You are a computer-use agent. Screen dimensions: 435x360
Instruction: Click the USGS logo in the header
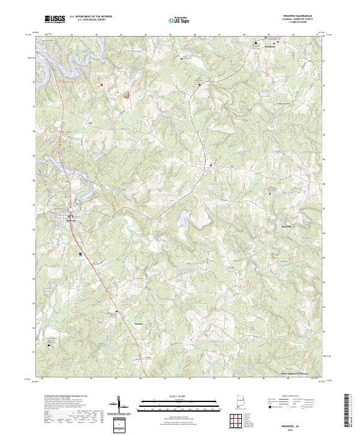[x=55, y=20]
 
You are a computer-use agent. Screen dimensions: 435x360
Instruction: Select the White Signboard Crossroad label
[x=298, y=373]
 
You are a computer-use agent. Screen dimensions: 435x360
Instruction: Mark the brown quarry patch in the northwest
[x=127, y=94]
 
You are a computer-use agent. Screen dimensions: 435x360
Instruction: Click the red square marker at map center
[x=211, y=165]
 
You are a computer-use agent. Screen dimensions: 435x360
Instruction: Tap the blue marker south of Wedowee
[x=80, y=254]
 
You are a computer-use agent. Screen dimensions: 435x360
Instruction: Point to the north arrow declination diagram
[x=119, y=405]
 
